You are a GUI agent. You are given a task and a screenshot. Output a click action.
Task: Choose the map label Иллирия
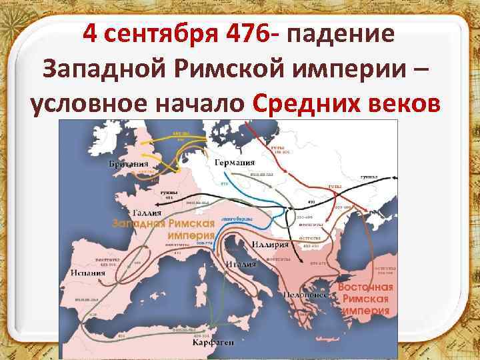(271, 245)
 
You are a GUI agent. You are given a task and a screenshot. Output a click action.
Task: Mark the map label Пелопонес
(308, 293)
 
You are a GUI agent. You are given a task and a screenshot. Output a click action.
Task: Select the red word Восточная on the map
(365, 287)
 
